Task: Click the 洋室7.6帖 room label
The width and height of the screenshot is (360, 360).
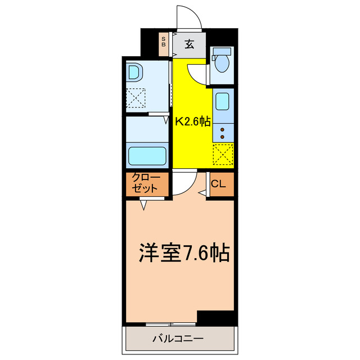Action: [x=183, y=254]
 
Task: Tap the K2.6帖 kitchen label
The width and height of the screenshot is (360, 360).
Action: [x=193, y=121]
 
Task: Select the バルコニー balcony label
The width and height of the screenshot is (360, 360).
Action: [x=177, y=339]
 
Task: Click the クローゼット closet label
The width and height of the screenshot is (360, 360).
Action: [x=146, y=183]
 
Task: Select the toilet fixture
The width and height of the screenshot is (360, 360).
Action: [x=222, y=62]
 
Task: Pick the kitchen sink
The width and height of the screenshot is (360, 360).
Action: [x=222, y=102]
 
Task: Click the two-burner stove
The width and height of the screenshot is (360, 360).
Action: [x=223, y=133]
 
